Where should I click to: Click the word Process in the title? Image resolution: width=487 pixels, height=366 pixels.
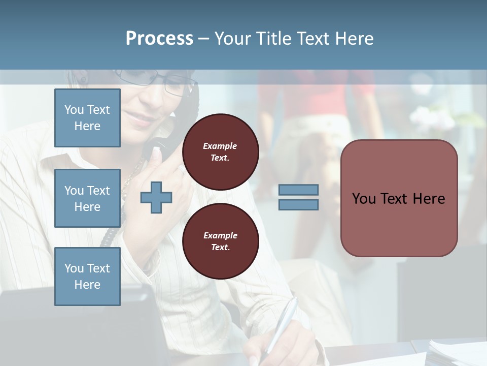coord(159,39)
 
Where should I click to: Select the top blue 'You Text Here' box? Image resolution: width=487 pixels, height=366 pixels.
coord(87,118)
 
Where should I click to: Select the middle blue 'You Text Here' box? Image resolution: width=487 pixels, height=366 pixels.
coord(87,198)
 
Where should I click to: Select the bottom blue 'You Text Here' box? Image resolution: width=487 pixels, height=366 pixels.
coord(87,276)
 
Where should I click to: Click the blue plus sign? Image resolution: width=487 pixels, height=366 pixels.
coord(156,197)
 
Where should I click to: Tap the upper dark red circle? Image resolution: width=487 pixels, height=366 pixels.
coord(220,152)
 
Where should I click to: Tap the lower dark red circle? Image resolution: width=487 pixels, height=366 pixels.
coord(220,241)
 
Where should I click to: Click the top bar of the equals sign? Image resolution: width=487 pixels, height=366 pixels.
coord(298,190)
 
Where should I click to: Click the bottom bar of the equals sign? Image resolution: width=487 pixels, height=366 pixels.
coord(298,204)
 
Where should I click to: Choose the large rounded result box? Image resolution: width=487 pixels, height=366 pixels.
coord(399,198)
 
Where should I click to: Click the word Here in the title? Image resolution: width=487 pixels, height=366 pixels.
coord(353,39)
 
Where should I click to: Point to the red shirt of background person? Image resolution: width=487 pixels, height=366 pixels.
coord(325,94)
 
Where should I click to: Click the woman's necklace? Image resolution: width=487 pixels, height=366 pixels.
coord(133,173)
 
